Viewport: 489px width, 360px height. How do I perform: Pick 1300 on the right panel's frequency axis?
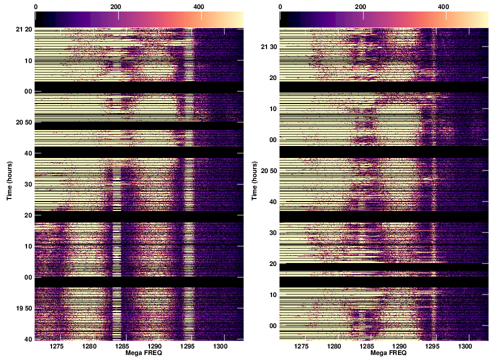click(x=465, y=346)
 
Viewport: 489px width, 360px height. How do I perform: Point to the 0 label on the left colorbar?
click(x=35, y=7)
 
